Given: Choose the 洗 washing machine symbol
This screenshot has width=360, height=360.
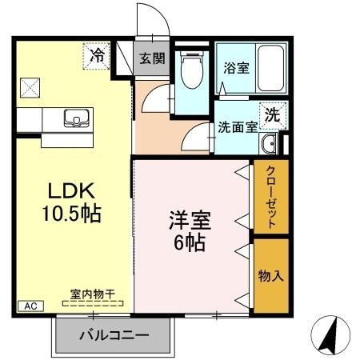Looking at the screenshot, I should click(273, 114).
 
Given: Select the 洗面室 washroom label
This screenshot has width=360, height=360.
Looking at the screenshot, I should click(238, 126).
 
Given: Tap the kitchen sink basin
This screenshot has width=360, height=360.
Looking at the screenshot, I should click(76, 118).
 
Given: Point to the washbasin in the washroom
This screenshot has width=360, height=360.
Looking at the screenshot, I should click(269, 144).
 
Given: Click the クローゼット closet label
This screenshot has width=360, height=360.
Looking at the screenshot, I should click(271, 198).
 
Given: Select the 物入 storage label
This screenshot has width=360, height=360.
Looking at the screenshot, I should click(270, 276).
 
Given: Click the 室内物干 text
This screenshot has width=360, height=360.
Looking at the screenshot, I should click(93, 294).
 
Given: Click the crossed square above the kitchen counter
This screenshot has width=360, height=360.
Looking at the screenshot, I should click(30, 86).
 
